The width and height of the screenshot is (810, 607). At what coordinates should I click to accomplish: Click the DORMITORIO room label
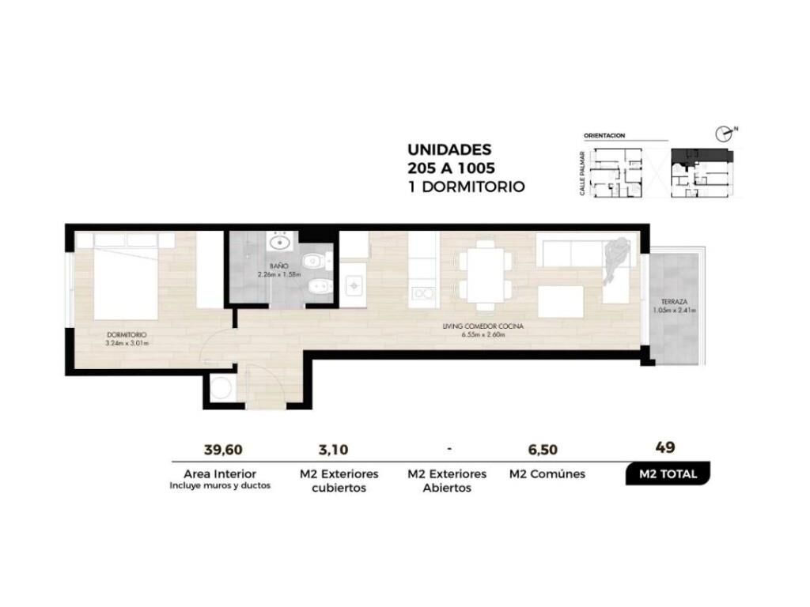pyautogui.click(x=127, y=335)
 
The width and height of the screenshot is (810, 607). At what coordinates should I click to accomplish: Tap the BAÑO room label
pyautogui.click(x=279, y=266)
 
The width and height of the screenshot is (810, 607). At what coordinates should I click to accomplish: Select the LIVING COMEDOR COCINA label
pyautogui.click(x=483, y=326)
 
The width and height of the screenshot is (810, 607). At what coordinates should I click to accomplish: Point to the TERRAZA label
pyautogui.click(x=674, y=301)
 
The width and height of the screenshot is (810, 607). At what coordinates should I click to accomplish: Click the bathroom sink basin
pyautogui.click(x=280, y=241)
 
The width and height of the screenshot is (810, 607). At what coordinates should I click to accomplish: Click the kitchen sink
pyautogui.click(x=354, y=285)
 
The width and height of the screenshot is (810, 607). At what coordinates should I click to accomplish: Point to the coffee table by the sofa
pyautogui.click(x=561, y=302)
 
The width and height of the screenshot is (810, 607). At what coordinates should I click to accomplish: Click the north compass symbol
pyautogui.click(x=725, y=134)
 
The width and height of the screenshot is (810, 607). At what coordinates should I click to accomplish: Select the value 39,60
pyautogui.click(x=223, y=450)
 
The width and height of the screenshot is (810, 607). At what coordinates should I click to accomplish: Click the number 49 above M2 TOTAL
pyautogui.click(x=664, y=447)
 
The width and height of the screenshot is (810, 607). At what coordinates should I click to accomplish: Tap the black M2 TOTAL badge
pyautogui.click(x=668, y=474)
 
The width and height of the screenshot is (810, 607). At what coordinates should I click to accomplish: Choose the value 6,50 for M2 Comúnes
pyautogui.click(x=543, y=450)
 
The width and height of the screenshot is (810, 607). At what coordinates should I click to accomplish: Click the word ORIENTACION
pyautogui.click(x=604, y=135)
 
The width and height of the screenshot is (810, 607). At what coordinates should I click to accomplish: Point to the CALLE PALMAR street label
pyautogui.click(x=582, y=173)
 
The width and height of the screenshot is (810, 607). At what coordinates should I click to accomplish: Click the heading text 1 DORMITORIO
pyautogui.click(x=466, y=187)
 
